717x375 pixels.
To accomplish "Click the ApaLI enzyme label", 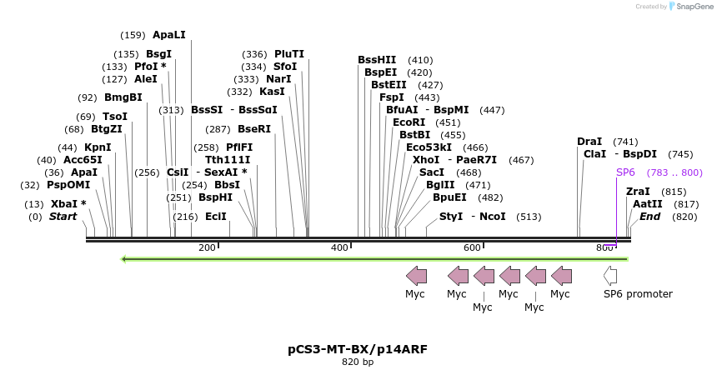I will click(x=168, y=35).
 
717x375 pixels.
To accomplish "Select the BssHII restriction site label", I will click(x=377, y=60).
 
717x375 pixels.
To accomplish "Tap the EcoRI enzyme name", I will click(x=409, y=122).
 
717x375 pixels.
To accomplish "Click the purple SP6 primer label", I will click(x=625, y=172).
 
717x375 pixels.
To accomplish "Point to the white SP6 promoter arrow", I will click(x=610, y=275).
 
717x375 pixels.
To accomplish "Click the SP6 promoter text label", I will click(x=638, y=294).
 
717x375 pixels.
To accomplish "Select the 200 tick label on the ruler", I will click(x=207, y=247).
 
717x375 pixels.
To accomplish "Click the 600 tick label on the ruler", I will click(x=472, y=247).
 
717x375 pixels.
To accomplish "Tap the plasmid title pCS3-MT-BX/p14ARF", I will click(x=358, y=349).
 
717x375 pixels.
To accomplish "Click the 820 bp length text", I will click(x=358, y=362).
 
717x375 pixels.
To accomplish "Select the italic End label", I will click(x=649, y=217).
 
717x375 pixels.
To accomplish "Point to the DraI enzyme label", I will click(x=589, y=142).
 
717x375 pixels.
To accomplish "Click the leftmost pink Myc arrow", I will click(x=416, y=275).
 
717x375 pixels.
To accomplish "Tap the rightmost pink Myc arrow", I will click(x=561, y=275).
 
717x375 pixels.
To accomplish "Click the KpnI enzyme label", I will click(x=98, y=147).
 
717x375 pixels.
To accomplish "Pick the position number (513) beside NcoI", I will click(x=529, y=217).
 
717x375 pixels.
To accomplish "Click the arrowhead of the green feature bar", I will click(x=124, y=258).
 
